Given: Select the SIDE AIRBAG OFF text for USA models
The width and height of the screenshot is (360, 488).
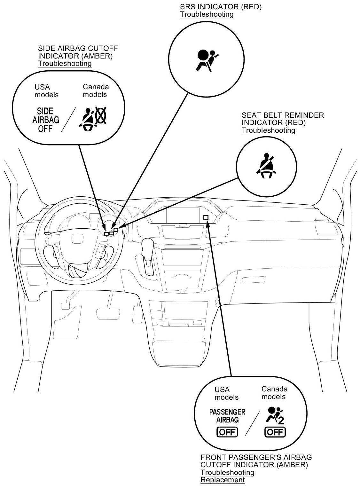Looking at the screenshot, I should click(46, 120).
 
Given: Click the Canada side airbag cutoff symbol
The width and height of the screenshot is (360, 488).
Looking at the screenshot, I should click(93, 119).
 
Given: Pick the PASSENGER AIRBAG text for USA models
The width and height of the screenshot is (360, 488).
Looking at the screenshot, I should click(227, 416).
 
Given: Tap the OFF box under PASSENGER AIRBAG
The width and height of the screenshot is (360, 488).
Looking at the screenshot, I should click(227, 432).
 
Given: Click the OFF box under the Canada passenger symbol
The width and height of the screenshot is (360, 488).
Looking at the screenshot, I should click(275, 432).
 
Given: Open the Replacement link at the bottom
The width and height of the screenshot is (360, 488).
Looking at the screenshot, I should click(223, 480).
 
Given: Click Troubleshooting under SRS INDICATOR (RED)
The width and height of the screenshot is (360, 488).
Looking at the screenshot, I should click(207, 14).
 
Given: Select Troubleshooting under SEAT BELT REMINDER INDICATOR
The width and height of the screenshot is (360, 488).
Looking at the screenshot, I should click(268, 130).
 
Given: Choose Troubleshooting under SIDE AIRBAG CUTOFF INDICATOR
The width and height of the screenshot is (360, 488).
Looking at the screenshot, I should click(65, 63).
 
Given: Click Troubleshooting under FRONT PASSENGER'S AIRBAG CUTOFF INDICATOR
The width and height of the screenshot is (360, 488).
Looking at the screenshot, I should click(227, 472).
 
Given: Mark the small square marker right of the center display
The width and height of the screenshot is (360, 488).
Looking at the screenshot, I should click(206, 217).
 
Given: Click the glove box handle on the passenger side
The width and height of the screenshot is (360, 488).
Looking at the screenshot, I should click(251, 280).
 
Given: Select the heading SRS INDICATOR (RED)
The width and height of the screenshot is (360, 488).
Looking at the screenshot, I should click(221, 7).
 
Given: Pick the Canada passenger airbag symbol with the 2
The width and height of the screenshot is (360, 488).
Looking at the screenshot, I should click(275, 415).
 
